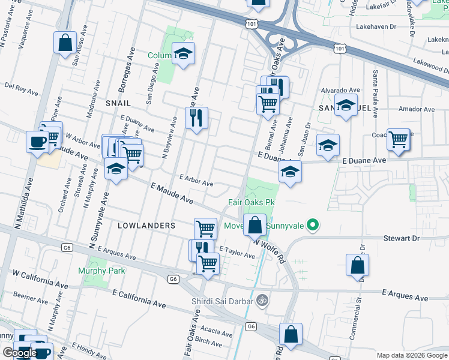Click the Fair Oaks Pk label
[x=250, y=202]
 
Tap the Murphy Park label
[x=101, y=271]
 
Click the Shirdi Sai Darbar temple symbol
[x=261, y=299]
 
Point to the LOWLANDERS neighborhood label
[x=146, y=226]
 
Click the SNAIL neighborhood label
[x=118, y=103]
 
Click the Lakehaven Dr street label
[x=355, y=27]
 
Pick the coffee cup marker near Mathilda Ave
[x=37, y=142]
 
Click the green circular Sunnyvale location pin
[x=312, y=226]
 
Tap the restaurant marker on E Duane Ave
[x=196, y=118]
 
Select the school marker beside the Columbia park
[x=184, y=54]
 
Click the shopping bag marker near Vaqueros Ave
[x=65, y=43]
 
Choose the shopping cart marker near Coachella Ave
[x=399, y=139]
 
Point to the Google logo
[x=19, y=353]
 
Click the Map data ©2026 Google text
[x=412, y=355]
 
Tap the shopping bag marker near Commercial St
[x=357, y=265]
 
